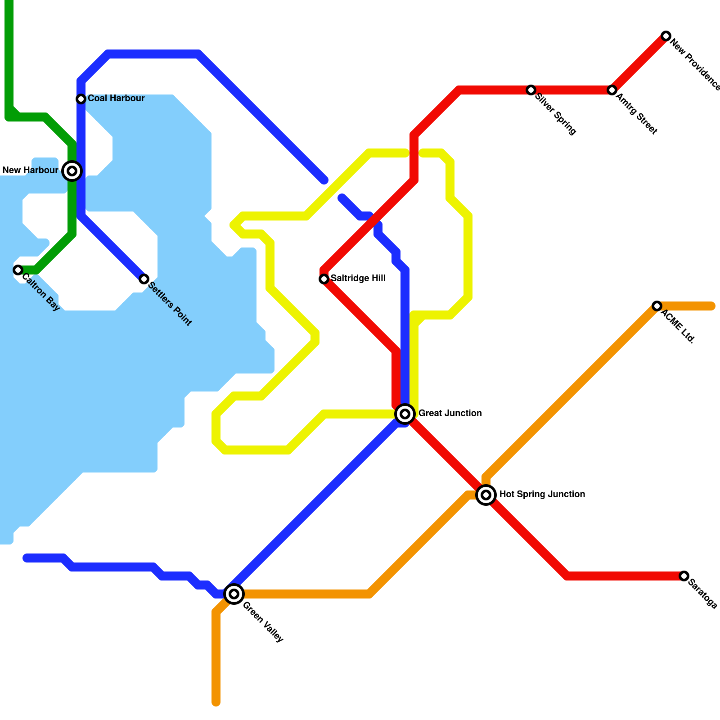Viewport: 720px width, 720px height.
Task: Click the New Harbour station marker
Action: pos(72,171)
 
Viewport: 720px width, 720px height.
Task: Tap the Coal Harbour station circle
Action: pos(81,99)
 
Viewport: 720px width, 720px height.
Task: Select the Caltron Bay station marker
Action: pos(18,270)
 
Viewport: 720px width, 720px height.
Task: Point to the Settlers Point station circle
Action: pos(144,279)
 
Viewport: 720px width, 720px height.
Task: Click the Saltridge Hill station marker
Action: pos(324,279)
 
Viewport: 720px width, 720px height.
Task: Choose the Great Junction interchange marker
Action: pos(405,414)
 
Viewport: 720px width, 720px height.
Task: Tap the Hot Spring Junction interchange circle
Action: pos(486,495)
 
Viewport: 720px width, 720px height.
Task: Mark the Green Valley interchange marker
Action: pos(234,594)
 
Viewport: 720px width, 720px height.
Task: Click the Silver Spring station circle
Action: pos(531,90)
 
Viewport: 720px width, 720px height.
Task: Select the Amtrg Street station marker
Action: pos(612,90)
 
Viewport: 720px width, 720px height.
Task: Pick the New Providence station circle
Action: pos(666,36)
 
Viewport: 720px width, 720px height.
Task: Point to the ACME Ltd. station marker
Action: pos(657,306)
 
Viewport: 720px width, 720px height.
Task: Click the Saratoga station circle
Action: pos(684,576)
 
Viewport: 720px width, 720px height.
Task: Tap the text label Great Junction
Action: pos(450,413)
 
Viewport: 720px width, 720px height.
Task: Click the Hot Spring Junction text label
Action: pos(542,494)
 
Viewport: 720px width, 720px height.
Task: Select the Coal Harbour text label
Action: pos(116,98)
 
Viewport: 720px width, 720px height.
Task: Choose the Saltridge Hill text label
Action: pos(358,278)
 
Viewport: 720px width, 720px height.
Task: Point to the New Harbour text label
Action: pos(30,170)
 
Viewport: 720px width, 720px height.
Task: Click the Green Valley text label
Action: pos(263,622)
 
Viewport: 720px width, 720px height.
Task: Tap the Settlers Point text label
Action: pos(170,303)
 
